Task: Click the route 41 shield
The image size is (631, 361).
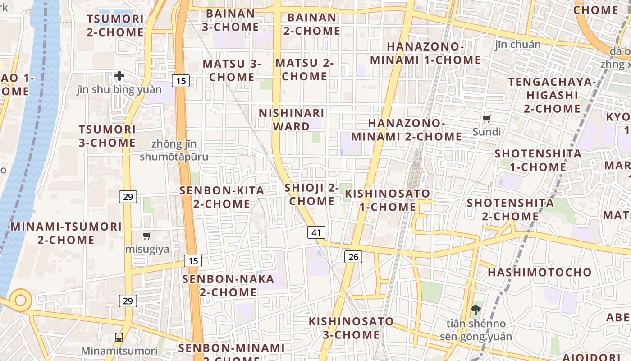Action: [316, 232]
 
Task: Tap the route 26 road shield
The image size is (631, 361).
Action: [353, 257]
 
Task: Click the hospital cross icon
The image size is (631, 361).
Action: [119, 76]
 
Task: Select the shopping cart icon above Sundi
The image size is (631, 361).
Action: [486, 119]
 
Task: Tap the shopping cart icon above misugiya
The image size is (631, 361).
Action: [146, 236]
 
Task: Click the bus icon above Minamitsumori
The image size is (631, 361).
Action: [119, 337]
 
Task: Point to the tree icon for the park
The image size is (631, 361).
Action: [476, 310]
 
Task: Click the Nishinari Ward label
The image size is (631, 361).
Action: [291, 120]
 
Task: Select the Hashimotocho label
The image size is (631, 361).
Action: [540, 272]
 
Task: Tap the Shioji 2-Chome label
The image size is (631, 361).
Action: [312, 194]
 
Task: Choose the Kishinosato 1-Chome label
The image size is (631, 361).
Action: [387, 200]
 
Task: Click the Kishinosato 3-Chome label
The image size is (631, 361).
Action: [351, 328]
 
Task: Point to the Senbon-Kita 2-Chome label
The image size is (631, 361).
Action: [222, 197]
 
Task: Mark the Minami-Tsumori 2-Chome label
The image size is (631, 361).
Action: [66, 233]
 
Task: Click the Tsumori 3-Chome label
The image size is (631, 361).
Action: [107, 136]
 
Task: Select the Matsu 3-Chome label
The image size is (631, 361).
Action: [232, 70]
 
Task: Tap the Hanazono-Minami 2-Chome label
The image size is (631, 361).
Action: [407, 130]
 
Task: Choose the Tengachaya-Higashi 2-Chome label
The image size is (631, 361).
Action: [552, 95]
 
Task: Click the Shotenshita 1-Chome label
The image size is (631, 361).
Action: [538, 160]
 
